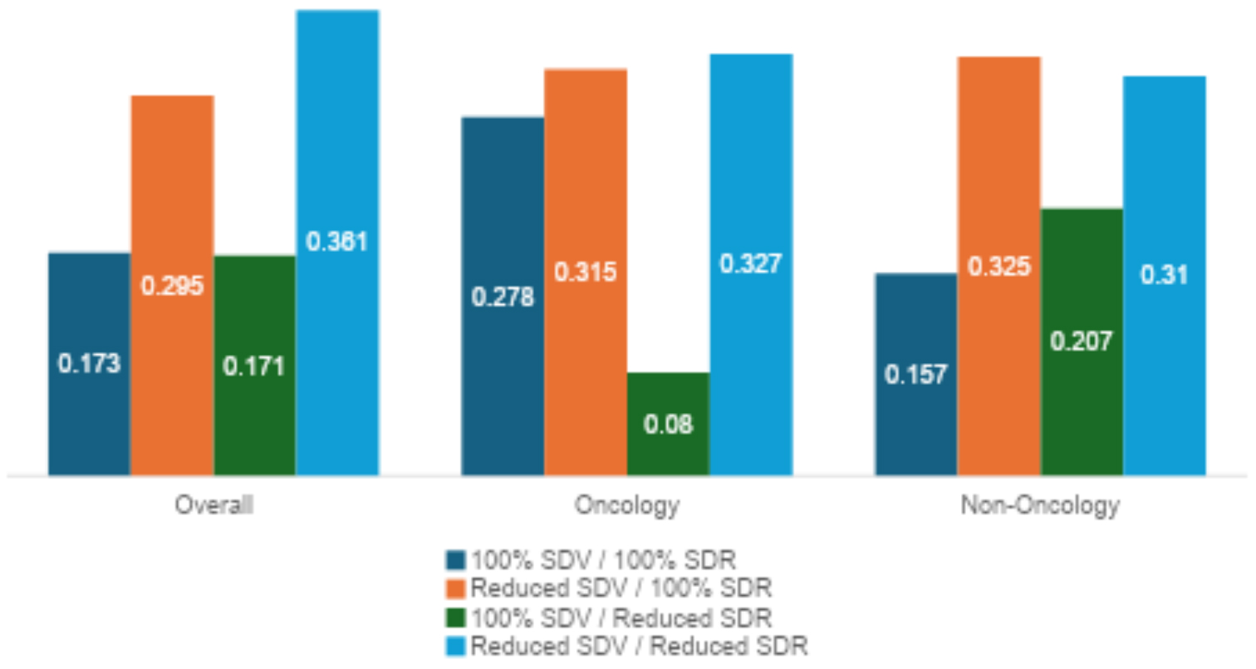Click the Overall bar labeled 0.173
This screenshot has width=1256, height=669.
[89, 364]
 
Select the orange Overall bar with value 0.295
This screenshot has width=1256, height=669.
[172, 286]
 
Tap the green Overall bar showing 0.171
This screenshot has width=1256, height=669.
[254, 366]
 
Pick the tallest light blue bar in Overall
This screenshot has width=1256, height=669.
[337, 243]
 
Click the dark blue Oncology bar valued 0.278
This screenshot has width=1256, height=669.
[503, 297]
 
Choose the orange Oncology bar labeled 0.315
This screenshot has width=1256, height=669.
[586, 273]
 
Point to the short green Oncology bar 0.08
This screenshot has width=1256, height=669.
[668, 424]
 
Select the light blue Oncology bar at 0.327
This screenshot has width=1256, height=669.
[751, 264]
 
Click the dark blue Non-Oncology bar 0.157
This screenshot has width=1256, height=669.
[915, 374]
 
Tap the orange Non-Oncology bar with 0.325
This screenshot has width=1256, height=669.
[998, 267]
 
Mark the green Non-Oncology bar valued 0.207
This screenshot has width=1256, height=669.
[1081, 342]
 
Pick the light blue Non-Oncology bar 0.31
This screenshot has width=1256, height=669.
[1164, 276]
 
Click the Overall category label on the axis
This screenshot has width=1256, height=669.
[213, 505]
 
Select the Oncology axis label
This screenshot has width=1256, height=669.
[627, 505]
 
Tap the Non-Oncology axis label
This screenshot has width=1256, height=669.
[1039, 505]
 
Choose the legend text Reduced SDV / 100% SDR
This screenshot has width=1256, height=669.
[621, 588]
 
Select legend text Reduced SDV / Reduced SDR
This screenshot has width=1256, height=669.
[639, 646]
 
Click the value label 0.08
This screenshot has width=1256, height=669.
[668, 424]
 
